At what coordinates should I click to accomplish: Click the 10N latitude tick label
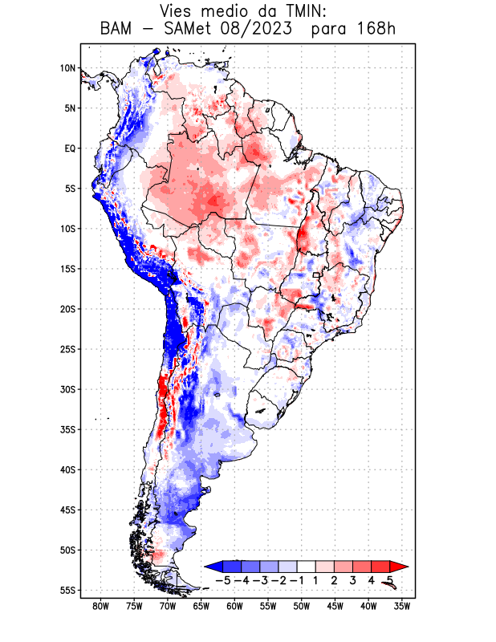tap(67, 68)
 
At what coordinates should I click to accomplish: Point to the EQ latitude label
tap(70, 148)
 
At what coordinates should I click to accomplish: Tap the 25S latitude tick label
tap(67, 349)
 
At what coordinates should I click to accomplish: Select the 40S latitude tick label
tap(67, 469)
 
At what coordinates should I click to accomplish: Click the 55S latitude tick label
tap(67, 590)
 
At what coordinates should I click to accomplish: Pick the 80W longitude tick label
tap(100, 607)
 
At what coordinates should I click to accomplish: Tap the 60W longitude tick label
tap(234, 607)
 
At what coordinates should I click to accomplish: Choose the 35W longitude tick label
tap(402, 607)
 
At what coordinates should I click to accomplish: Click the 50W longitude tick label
tap(302, 607)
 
